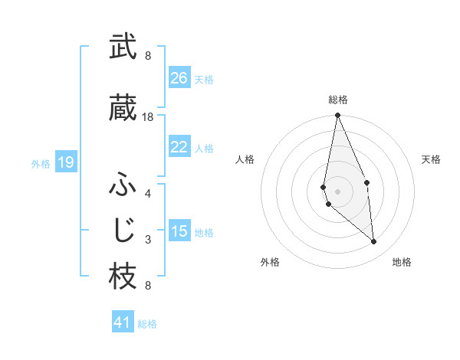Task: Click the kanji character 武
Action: tap(123, 47)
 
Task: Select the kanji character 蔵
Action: tap(123, 108)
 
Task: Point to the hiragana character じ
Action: tap(123, 230)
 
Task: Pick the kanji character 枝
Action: tap(123, 277)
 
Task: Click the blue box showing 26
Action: tap(179, 78)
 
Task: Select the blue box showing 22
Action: tap(179, 147)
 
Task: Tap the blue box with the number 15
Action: tap(179, 231)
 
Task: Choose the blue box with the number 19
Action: tap(66, 162)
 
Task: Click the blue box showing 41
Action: tap(123, 322)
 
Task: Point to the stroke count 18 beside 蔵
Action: tap(148, 117)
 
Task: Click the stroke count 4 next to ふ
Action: tap(148, 193)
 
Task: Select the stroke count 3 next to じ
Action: tap(148, 240)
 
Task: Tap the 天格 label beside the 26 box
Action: tap(204, 79)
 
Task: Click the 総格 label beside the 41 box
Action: tap(147, 324)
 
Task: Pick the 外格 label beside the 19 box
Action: tap(41, 163)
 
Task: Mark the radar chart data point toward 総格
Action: tap(337, 116)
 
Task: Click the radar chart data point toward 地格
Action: tap(374, 242)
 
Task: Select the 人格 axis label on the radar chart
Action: tap(245, 159)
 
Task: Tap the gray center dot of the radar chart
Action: tap(337, 191)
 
